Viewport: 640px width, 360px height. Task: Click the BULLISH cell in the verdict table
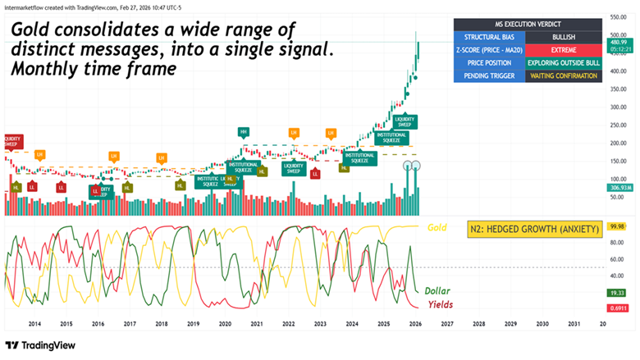563,37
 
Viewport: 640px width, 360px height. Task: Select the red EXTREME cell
563,50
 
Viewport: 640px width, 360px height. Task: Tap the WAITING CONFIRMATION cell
563,75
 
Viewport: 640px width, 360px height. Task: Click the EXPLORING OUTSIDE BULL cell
563,62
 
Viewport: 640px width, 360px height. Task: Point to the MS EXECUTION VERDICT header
527,24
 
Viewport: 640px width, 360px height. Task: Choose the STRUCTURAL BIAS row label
486,37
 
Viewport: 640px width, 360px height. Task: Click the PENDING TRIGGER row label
486,75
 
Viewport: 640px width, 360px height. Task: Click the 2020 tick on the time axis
224,325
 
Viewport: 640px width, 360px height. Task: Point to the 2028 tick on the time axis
478,325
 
